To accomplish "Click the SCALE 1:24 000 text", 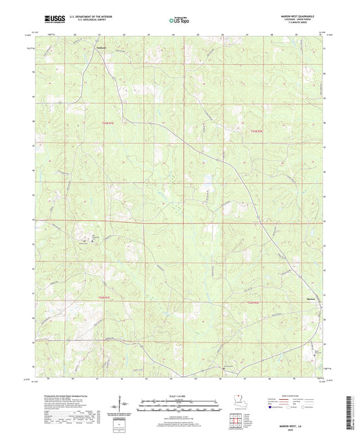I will click(x=180, y=396).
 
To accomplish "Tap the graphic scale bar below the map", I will click(x=180, y=406).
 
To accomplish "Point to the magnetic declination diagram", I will click(x=122, y=407).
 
